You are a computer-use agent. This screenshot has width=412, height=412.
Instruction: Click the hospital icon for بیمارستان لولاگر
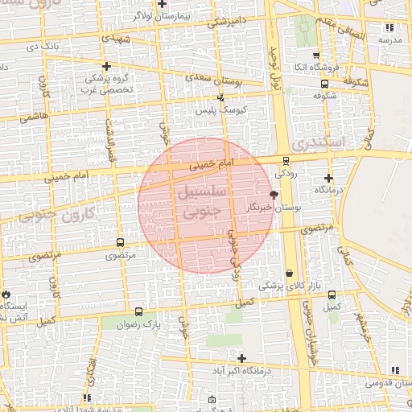click(163, 4)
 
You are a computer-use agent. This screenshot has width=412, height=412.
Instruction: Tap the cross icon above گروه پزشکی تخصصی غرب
click(105, 66)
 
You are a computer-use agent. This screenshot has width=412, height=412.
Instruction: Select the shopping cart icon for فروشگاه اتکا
click(303, 55)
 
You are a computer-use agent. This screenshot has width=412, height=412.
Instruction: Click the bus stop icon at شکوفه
click(324, 83)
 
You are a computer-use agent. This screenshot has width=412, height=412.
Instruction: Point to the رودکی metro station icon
click(286, 161)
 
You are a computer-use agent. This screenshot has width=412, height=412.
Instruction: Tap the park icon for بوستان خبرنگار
click(274, 195)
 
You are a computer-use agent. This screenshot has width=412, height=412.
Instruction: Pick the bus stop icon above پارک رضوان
click(139, 311)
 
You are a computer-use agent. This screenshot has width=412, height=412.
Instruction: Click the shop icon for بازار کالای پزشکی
click(289, 274)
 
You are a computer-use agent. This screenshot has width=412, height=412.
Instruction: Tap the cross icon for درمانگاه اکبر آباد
click(241, 357)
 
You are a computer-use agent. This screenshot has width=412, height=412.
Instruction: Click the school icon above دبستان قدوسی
click(393, 370)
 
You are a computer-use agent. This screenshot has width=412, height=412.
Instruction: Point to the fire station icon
click(6, 295)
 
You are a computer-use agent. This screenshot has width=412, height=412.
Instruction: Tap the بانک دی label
click(43, 46)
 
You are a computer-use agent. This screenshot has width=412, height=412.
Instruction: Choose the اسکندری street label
click(318, 142)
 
